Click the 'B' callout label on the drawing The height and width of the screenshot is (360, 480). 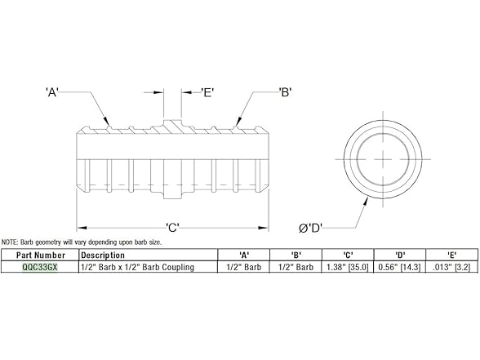[286, 92]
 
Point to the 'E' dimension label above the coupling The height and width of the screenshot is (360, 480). [207, 92]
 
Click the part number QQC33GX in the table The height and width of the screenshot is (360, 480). [40, 267]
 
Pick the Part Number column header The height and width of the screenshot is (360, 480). [40, 255]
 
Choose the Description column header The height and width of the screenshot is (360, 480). [103, 255]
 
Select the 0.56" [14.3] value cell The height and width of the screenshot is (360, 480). [400, 267]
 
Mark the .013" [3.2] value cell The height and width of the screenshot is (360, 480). [451, 267]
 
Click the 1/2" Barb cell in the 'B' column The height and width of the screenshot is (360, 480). [296, 267]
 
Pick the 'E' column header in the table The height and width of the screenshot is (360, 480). [451, 255]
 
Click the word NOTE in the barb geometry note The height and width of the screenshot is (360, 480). [9, 242]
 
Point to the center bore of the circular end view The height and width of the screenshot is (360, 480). [382, 160]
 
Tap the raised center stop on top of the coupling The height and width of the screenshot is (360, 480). [171, 122]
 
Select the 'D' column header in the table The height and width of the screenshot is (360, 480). [400, 255]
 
